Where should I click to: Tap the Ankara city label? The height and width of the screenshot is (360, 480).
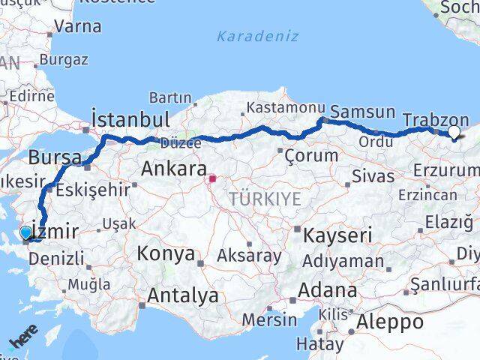tap(172, 169)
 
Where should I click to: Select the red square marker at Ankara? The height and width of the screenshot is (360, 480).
tap(212, 178)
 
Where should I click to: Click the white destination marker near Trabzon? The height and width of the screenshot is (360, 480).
tap(454, 133)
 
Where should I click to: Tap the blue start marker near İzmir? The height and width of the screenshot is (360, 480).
tap(26, 232)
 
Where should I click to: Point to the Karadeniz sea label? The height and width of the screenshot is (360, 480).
tap(257, 36)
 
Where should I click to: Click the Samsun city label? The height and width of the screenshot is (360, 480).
tap(362, 112)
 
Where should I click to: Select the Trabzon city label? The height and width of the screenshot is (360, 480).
tap(435, 119)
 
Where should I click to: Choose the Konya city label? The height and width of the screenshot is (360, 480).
tap(166, 253)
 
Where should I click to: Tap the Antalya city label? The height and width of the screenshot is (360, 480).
tap(183, 295)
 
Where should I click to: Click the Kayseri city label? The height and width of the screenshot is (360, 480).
tap(337, 235)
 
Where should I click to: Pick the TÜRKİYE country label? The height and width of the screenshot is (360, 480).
tap(265, 199)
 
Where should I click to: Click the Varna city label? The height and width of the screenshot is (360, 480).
tap(77, 26)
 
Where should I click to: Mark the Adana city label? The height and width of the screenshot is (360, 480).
tap(327, 289)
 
